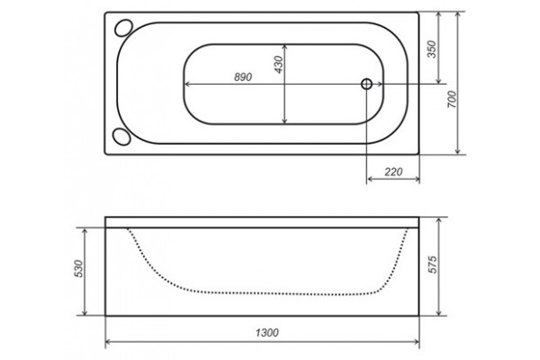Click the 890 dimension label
[243, 76]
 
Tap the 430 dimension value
[278, 65]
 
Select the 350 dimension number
[432, 49]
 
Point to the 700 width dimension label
[452, 100]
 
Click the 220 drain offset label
[393, 171]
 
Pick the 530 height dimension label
[79, 269]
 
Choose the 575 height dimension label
[432, 265]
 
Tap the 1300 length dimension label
[267, 332]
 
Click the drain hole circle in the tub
[366, 84]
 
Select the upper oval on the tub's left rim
[123, 28]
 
